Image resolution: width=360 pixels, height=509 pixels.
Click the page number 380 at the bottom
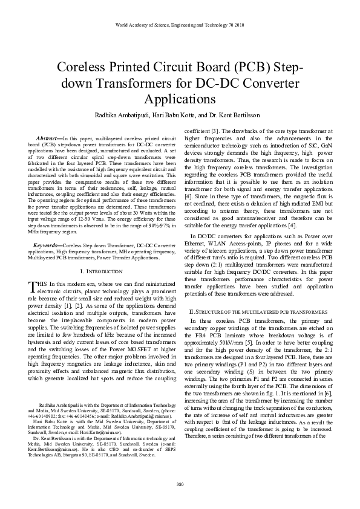(180, 484)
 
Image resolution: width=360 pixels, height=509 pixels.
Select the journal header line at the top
(180, 25)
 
